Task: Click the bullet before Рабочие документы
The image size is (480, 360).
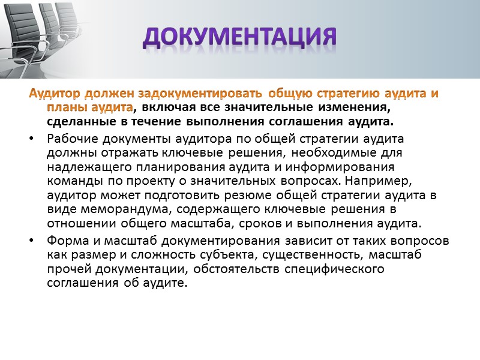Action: (x=31, y=139)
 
